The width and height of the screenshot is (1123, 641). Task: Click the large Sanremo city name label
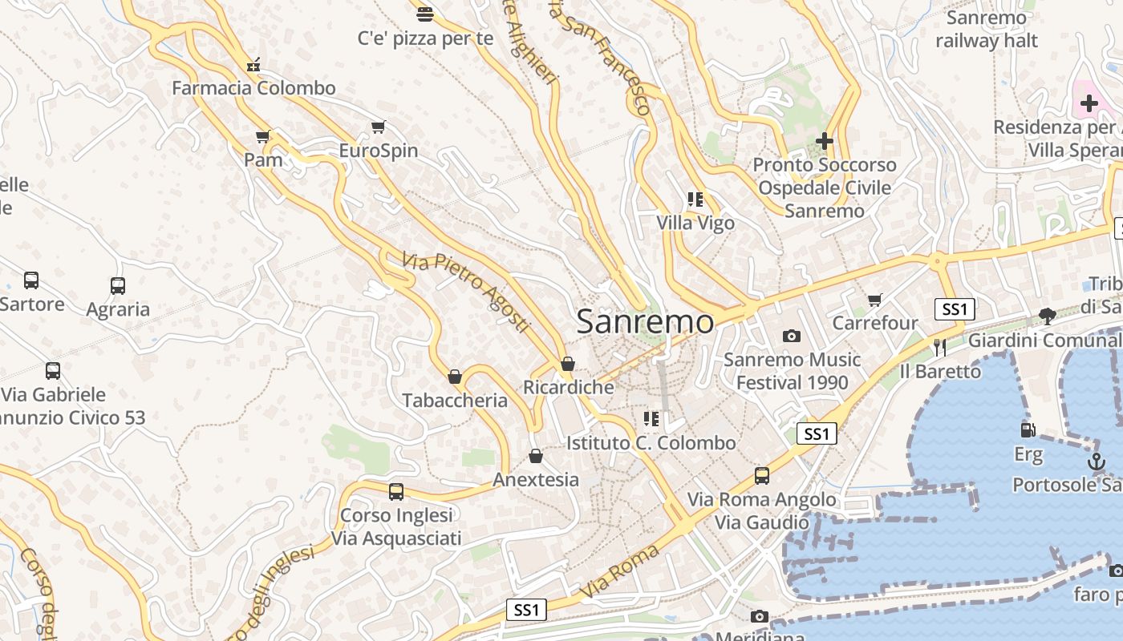(645, 322)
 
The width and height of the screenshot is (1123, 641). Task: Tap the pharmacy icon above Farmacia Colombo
(253, 65)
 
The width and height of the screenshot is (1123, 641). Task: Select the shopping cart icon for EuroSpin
(379, 127)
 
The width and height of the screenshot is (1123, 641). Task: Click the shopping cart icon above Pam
(262, 136)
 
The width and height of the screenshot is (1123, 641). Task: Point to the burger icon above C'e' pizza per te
(425, 14)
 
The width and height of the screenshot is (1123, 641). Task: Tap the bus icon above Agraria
(118, 285)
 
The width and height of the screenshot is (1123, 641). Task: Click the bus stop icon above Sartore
(31, 280)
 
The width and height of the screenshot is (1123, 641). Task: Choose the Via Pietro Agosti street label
(466, 292)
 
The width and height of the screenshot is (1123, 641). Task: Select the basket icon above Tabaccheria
(455, 377)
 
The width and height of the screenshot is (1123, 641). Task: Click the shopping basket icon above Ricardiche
(568, 364)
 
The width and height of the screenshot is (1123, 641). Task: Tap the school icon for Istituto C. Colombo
(651, 419)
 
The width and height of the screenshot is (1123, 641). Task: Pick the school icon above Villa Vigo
(695, 200)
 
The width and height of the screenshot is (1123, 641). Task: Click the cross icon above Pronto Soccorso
(824, 142)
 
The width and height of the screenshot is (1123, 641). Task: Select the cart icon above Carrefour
(874, 300)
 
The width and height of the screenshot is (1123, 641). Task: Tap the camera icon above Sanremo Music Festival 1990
(792, 336)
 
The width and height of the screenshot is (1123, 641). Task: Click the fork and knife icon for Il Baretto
(940, 347)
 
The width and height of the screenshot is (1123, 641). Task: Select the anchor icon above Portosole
(1096, 462)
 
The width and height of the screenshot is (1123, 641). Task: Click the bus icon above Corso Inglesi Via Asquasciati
(396, 492)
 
